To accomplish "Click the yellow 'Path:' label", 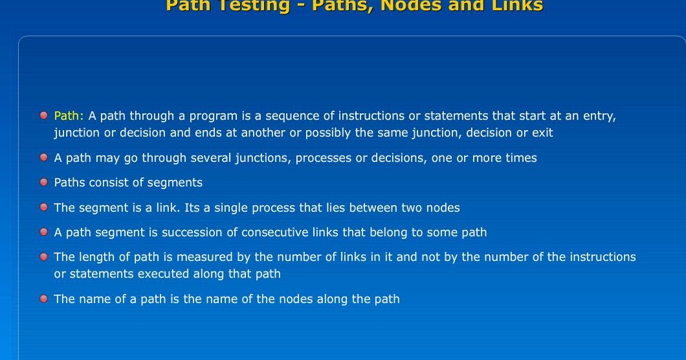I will pos(69,116).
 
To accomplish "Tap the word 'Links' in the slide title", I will pos(513,6).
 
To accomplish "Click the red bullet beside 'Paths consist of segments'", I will pos(44,183).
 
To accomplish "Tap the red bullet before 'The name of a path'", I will pos(44,298).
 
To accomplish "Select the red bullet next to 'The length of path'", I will pos(44,257).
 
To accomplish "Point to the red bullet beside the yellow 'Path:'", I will pos(44,116).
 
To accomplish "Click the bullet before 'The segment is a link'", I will pos(44,207).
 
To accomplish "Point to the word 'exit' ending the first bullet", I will pos(542,133).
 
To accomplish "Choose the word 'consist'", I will pos(106,183).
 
